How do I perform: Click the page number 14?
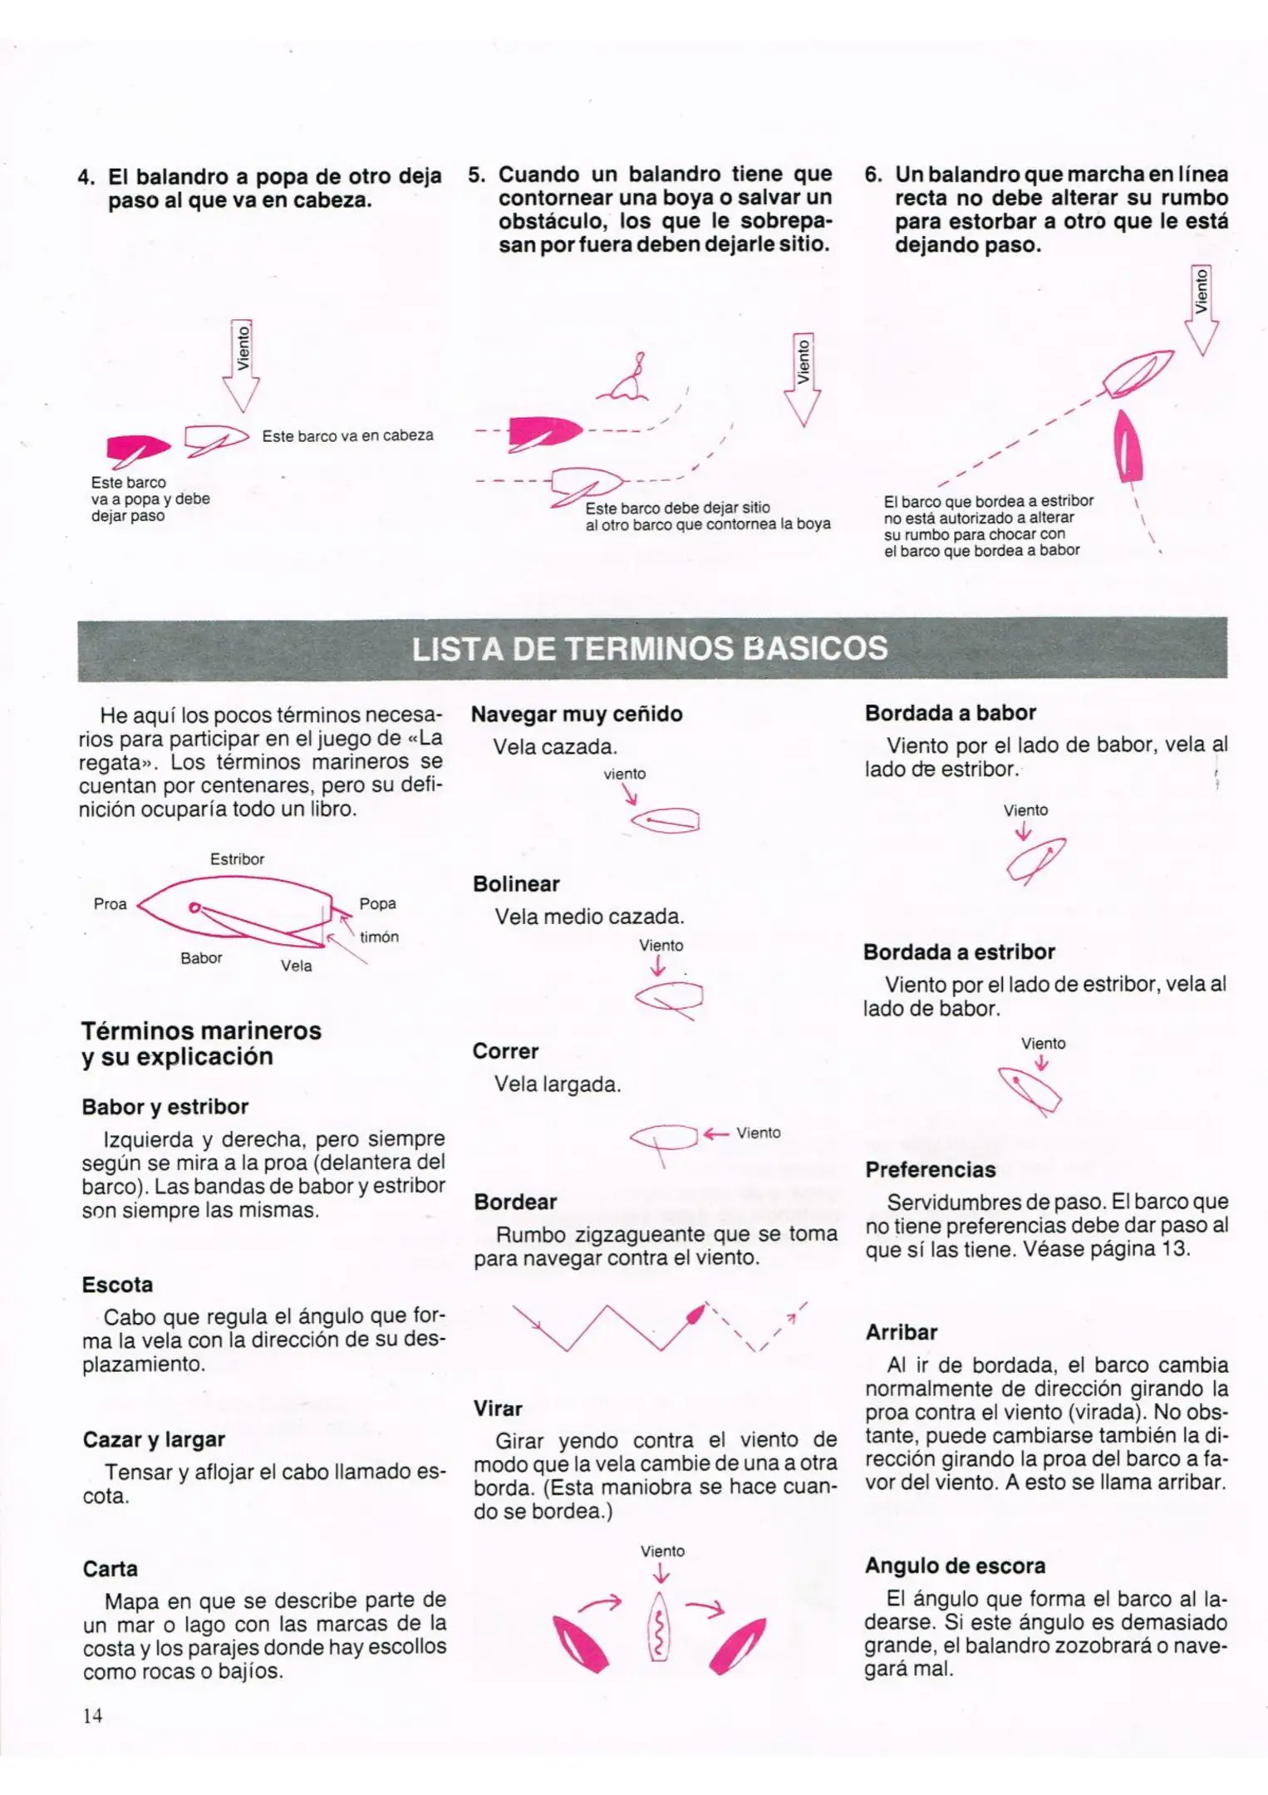coord(92,1715)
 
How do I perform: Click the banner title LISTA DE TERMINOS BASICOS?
coord(650,648)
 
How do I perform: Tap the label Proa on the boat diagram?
coord(110,904)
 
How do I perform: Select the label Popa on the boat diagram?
coord(377,903)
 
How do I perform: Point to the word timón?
coord(379,937)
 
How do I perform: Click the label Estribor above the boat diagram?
coord(237,859)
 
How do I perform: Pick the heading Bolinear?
coord(516,883)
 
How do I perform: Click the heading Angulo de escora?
coord(955,1566)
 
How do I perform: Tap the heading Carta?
coord(110,1569)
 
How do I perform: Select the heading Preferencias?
coord(930,1169)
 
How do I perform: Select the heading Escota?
coord(117,1285)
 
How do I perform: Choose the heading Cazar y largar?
coord(154,1439)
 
